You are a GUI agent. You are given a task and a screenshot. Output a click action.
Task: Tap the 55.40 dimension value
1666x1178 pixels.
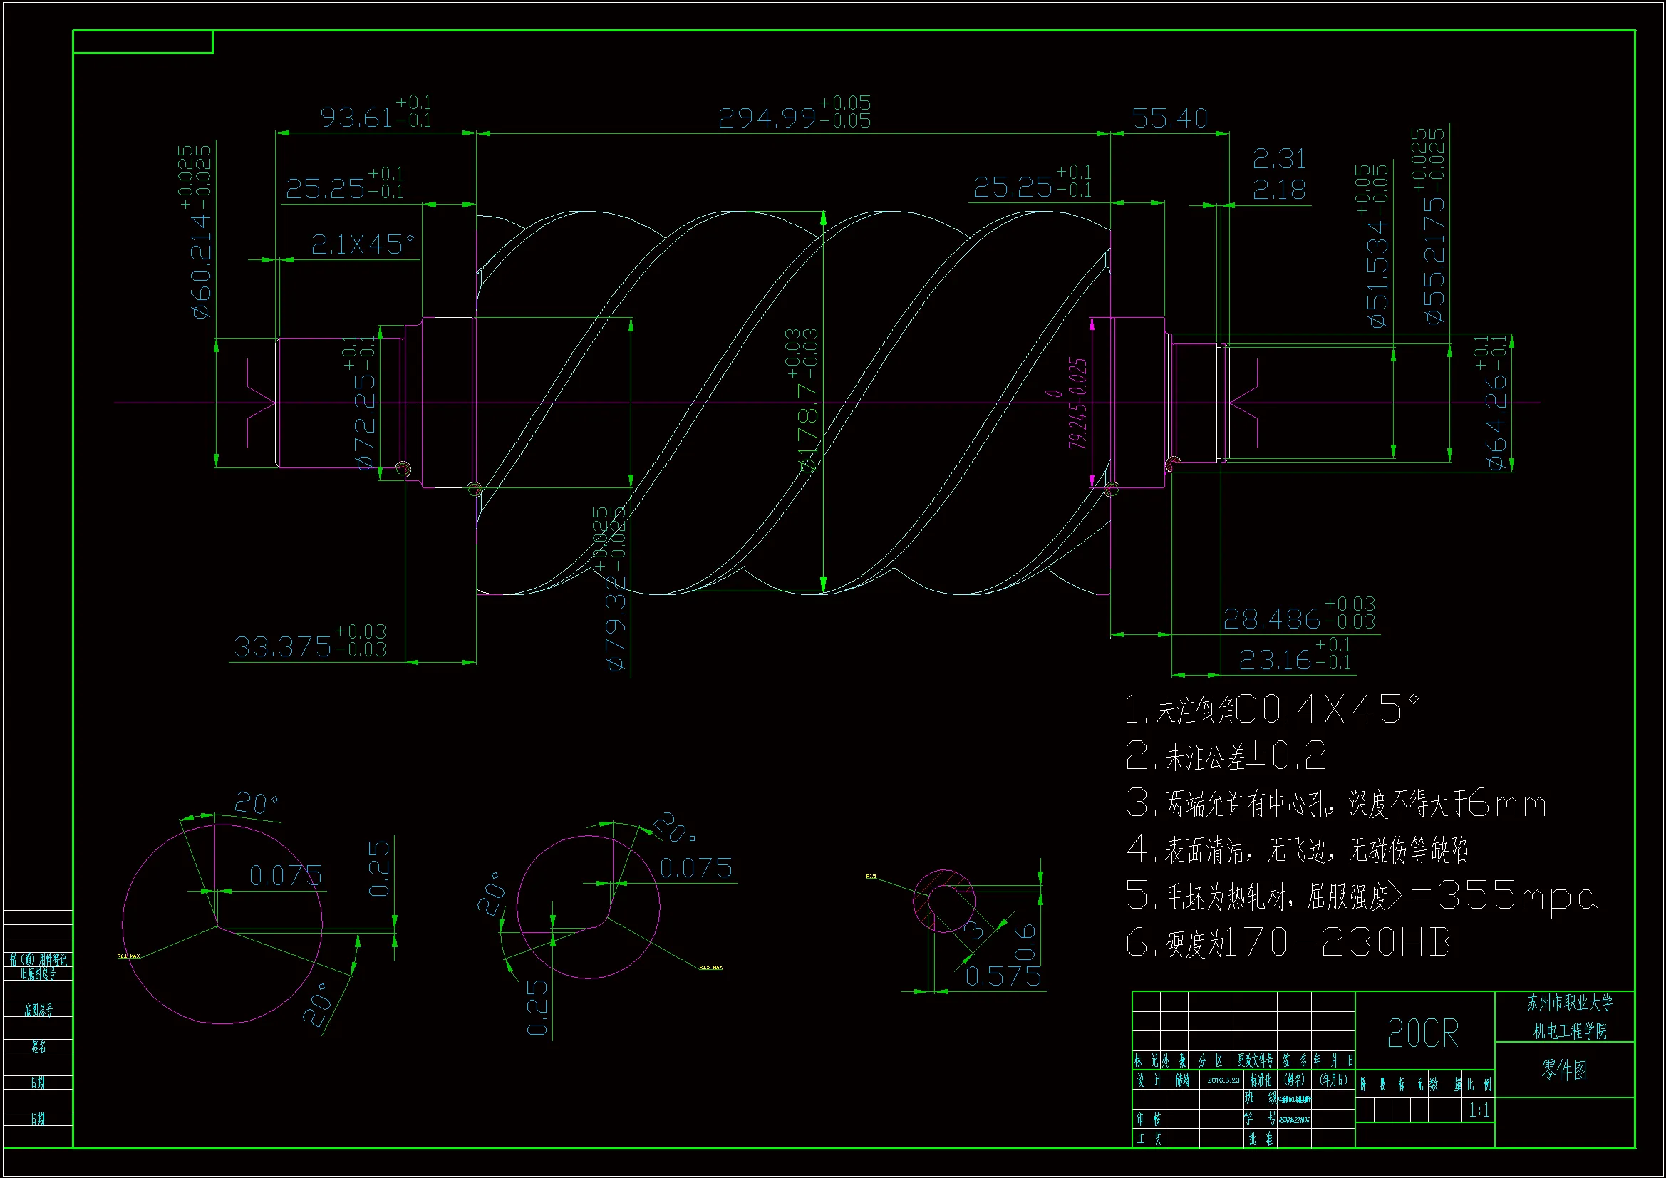(x=1169, y=118)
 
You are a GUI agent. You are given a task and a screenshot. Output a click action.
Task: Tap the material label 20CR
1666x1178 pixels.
(x=1422, y=1033)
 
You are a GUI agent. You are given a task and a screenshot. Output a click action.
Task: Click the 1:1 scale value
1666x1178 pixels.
(x=1479, y=1110)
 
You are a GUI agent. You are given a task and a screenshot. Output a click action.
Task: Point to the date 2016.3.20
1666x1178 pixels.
(x=1223, y=1080)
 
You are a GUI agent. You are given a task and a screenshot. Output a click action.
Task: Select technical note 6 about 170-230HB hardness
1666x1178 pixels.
(x=1288, y=943)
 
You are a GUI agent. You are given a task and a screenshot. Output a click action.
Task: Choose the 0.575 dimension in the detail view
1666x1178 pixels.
(x=1003, y=977)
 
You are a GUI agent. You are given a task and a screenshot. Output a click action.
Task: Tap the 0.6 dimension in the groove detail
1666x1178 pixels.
(x=1025, y=941)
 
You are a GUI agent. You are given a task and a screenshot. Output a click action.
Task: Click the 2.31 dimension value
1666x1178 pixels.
(x=1278, y=158)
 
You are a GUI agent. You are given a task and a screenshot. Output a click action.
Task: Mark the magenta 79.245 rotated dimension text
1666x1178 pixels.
(x=1077, y=403)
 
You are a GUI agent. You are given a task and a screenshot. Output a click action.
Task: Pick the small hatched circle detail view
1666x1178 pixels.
(x=943, y=901)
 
